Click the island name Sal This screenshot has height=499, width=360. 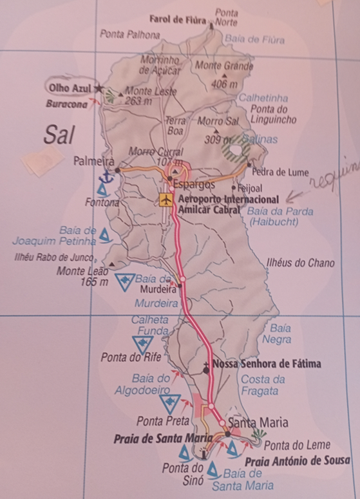click(x=60, y=135)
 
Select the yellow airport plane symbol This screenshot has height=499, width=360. click(x=167, y=200)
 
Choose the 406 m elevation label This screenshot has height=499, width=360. click(x=223, y=84)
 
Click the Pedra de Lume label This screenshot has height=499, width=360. click(x=279, y=172)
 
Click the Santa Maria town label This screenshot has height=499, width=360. click(x=258, y=423)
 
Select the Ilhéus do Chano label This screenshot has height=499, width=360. click(x=300, y=263)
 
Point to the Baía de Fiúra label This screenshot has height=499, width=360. click(x=254, y=39)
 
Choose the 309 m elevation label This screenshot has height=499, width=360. click(x=213, y=139)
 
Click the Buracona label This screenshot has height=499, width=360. click(x=66, y=104)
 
